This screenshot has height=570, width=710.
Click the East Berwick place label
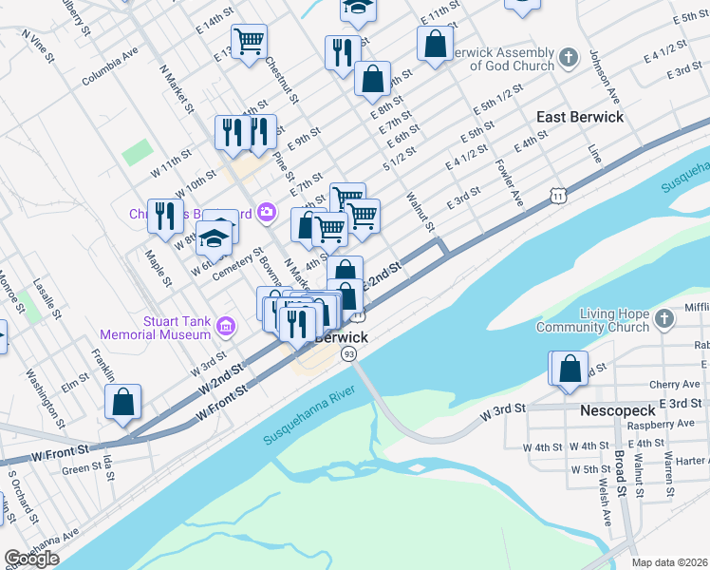coord(579,117)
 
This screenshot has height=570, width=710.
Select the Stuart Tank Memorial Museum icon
coord(226,328)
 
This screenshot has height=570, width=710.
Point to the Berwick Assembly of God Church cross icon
coord(568,59)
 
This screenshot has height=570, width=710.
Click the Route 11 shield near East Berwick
coord(558,196)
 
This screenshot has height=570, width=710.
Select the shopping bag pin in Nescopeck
coord(570,369)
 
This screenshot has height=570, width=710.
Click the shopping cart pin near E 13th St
coord(249,41)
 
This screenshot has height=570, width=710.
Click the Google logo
coord(31,559)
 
